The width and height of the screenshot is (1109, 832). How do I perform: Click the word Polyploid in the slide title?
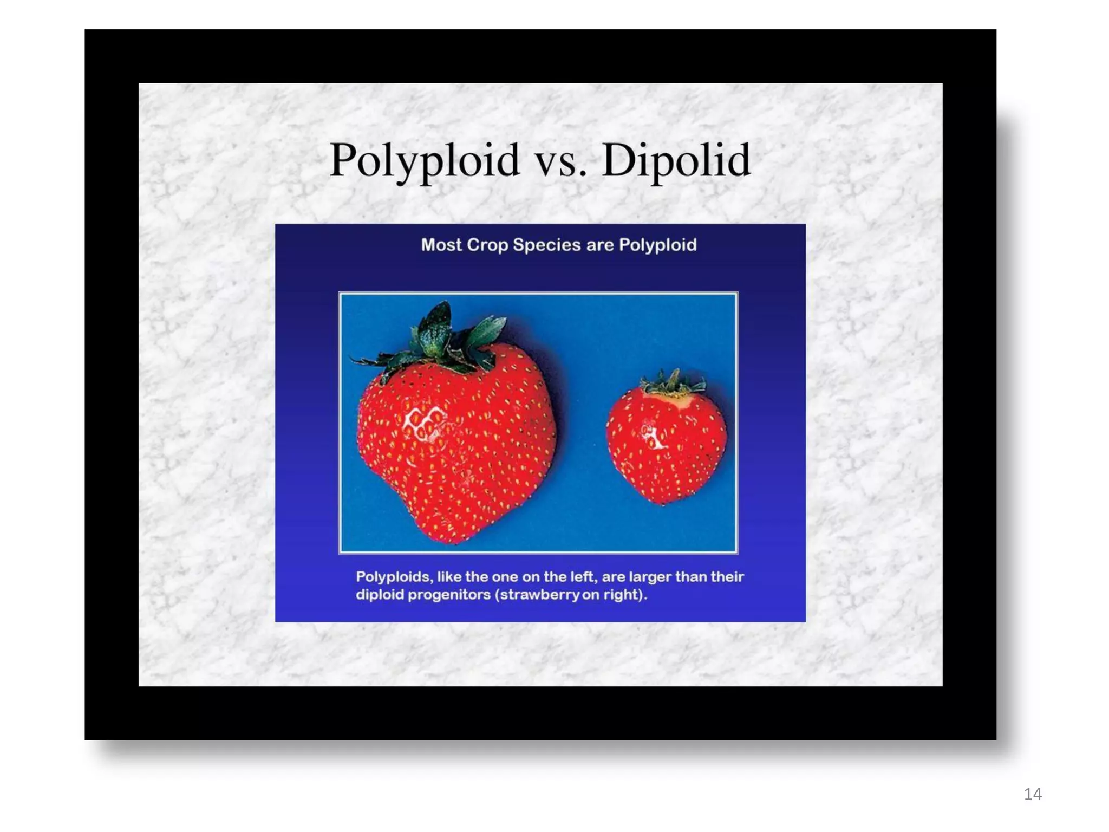(425, 161)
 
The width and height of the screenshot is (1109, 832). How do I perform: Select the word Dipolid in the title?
(676, 161)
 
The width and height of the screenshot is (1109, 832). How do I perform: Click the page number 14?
(1033, 794)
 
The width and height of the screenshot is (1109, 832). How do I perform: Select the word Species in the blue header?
(547, 245)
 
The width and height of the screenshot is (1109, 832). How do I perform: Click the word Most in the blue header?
(441, 245)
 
